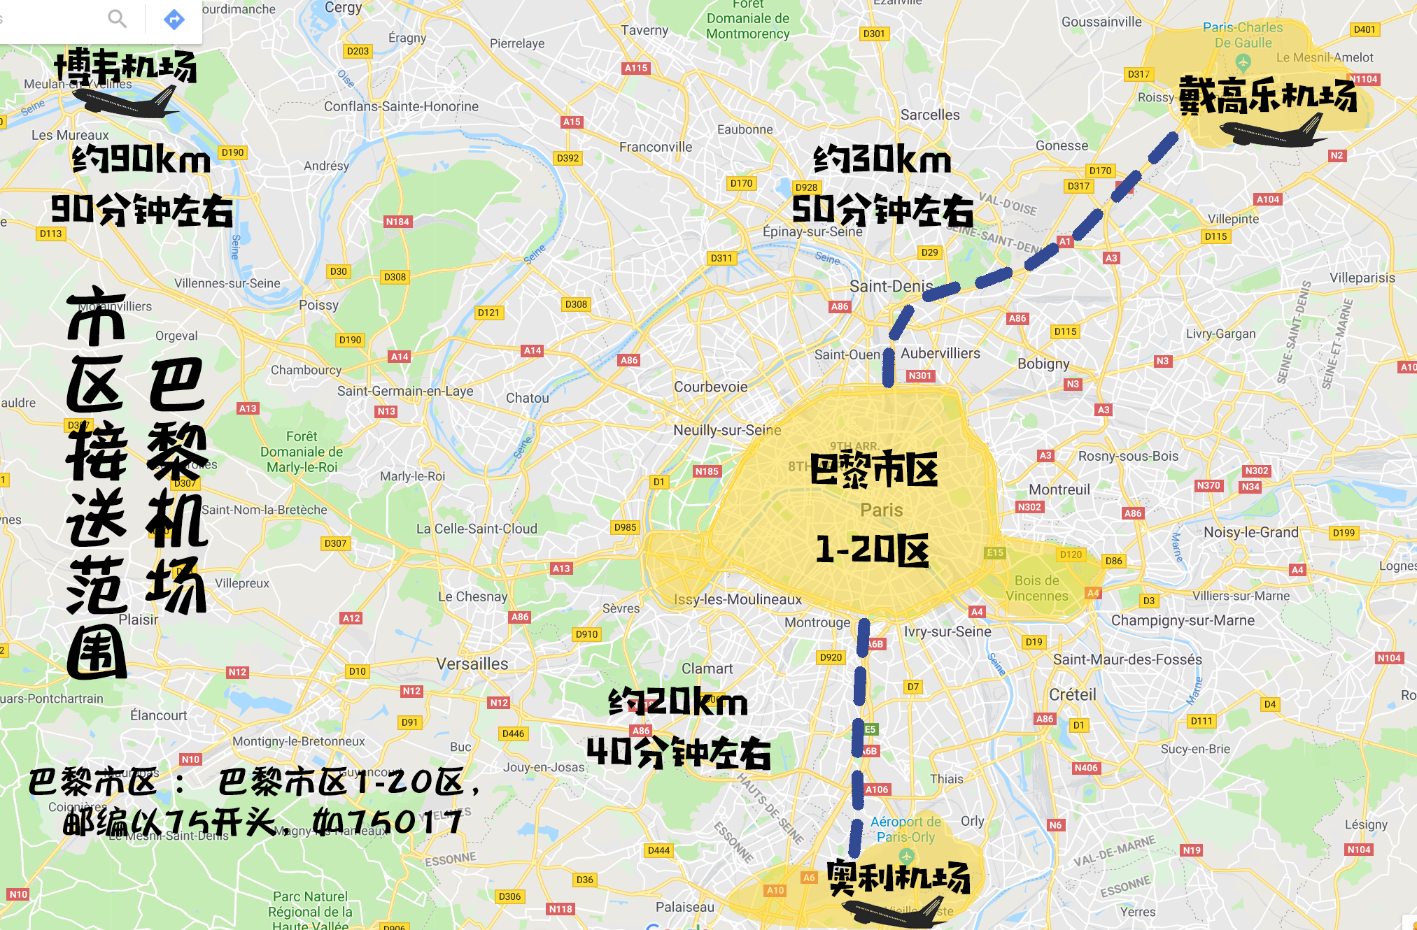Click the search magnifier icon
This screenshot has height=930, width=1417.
point(117,18)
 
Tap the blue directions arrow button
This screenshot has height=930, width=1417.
point(174,19)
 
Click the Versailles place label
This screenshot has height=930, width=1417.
point(472,664)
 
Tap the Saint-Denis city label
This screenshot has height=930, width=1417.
point(891,286)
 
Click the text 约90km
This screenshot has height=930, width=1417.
point(141,159)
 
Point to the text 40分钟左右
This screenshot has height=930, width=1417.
point(678,752)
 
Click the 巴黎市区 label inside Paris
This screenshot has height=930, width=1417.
point(873,469)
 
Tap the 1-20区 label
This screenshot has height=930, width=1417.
point(872,550)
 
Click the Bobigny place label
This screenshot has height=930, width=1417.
point(1043,364)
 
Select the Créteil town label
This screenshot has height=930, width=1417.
point(1072,694)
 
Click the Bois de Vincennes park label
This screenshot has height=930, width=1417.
point(1037,588)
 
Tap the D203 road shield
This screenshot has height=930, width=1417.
point(358,51)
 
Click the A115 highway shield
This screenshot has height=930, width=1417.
point(635,68)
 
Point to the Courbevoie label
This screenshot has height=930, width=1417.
point(710,387)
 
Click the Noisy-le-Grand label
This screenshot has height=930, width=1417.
point(1250,532)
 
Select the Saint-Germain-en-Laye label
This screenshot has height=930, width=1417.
point(405,391)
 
